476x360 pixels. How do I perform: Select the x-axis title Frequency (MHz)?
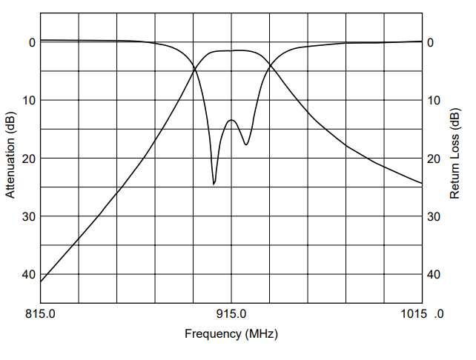231,334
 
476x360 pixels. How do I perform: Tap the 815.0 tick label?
40,313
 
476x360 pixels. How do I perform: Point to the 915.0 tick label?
231,313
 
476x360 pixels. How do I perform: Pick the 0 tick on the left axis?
32,42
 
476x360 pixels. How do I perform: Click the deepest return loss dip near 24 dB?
214,183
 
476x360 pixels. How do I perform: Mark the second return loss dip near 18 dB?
246,144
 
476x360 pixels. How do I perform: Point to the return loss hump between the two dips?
231,120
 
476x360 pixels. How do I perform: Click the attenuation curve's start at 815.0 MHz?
41,281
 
